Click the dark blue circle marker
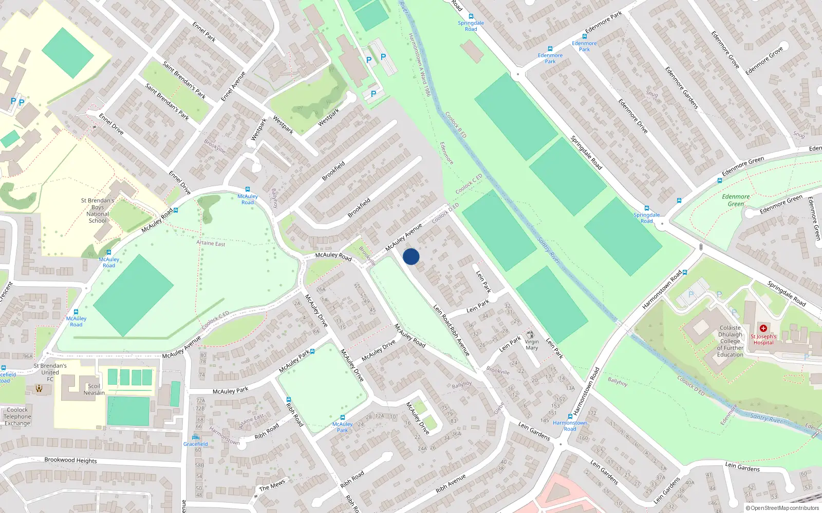point(411,256)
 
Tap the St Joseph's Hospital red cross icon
point(763,328)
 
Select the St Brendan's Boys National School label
point(98,210)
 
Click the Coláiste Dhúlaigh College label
point(730,341)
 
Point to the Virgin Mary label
point(532,345)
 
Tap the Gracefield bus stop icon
point(195,437)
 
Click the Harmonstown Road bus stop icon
point(570,416)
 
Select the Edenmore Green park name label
point(736,200)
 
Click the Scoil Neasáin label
point(94,389)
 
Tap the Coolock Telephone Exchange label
point(17,417)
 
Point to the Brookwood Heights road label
point(70,460)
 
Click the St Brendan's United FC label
point(50,372)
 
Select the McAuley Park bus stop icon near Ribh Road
point(342,418)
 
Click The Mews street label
point(272,485)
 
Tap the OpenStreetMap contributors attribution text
point(782,508)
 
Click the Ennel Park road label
point(204,31)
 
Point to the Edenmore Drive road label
point(632,116)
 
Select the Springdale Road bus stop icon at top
point(471,16)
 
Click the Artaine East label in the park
point(211,243)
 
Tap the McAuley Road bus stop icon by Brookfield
point(248,189)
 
